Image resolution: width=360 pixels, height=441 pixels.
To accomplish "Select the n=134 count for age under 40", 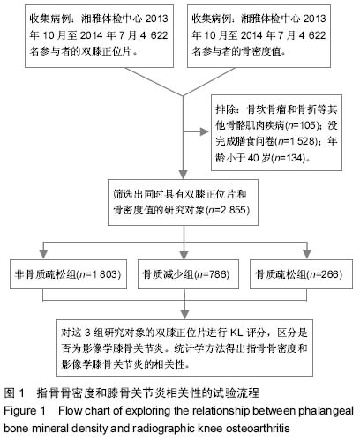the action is [289, 158].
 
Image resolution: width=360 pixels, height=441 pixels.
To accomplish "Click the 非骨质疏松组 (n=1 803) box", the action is [68, 274].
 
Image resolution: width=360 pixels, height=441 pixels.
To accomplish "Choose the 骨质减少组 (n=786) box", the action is [188, 274].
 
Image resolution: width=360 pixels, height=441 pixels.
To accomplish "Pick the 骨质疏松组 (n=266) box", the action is [301, 274].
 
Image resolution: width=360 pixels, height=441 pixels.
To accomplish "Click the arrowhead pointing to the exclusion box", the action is [204, 131].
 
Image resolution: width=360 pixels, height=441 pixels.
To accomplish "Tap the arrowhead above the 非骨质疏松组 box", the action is [43, 254].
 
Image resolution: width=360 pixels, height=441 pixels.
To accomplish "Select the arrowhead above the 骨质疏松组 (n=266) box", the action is [307, 254].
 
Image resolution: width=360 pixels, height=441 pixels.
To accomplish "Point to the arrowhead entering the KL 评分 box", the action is [184, 315].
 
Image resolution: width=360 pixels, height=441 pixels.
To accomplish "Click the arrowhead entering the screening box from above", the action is [184, 175].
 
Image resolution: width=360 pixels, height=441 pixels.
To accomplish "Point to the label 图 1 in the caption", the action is [14, 392].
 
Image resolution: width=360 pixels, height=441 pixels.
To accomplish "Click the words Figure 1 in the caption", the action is [25, 410].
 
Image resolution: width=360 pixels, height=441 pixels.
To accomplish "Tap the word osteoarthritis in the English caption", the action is [258, 428].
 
